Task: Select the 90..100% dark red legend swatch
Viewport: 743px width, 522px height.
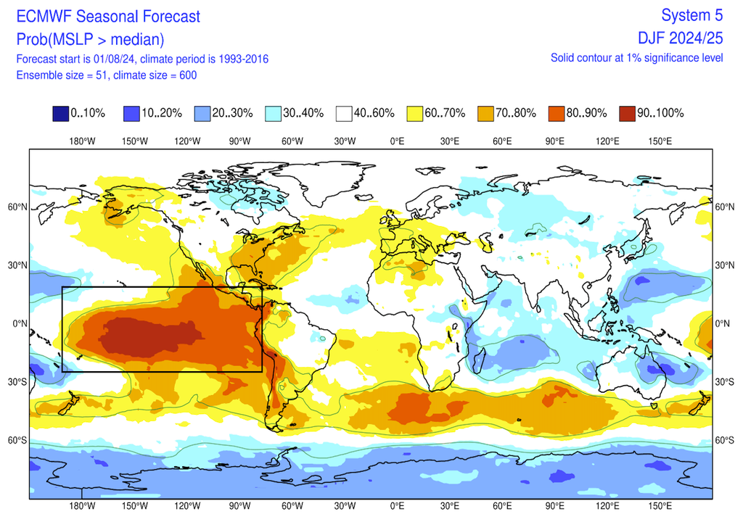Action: (628, 113)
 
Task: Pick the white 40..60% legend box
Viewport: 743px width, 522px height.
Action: (345, 113)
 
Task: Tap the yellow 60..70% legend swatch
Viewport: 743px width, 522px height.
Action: (415, 113)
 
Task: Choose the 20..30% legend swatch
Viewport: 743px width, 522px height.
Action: (202, 113)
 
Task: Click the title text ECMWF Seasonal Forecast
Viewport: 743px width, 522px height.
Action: (108, 16)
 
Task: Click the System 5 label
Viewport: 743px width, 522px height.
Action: (693, 15)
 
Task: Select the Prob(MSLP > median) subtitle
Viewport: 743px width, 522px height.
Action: (90, 39)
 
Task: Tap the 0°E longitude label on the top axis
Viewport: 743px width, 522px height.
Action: (397, 141)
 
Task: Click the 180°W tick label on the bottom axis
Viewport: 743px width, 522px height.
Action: (81, 506)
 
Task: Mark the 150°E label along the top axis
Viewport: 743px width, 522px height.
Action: (660, 141)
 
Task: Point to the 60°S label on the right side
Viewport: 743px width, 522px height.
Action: (726, 440)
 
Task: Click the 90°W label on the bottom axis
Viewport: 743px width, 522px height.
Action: (239, 506)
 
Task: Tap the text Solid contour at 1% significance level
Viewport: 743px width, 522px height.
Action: (636, 58)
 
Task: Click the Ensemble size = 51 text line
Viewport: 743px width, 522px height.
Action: (106, 75)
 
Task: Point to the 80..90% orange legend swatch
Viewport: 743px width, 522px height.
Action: (557, 113)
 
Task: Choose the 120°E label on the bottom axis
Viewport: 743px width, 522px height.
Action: (607, 506)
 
